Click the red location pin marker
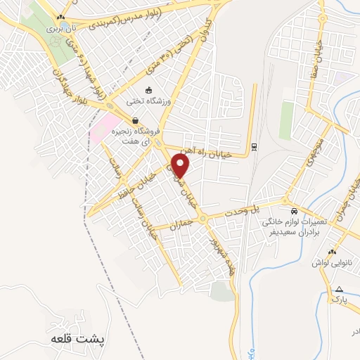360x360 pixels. coord(181,166)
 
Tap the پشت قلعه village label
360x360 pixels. coord(78,338)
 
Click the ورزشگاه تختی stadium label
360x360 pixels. coord(148,101)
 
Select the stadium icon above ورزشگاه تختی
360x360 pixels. coord(148,90)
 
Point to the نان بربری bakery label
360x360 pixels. coord(60,30)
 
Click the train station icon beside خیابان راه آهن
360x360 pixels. coord(254,148)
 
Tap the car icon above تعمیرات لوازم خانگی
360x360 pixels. coord(294,211)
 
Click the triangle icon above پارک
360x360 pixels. coord(340,289)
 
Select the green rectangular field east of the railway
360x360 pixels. coord(286,120)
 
